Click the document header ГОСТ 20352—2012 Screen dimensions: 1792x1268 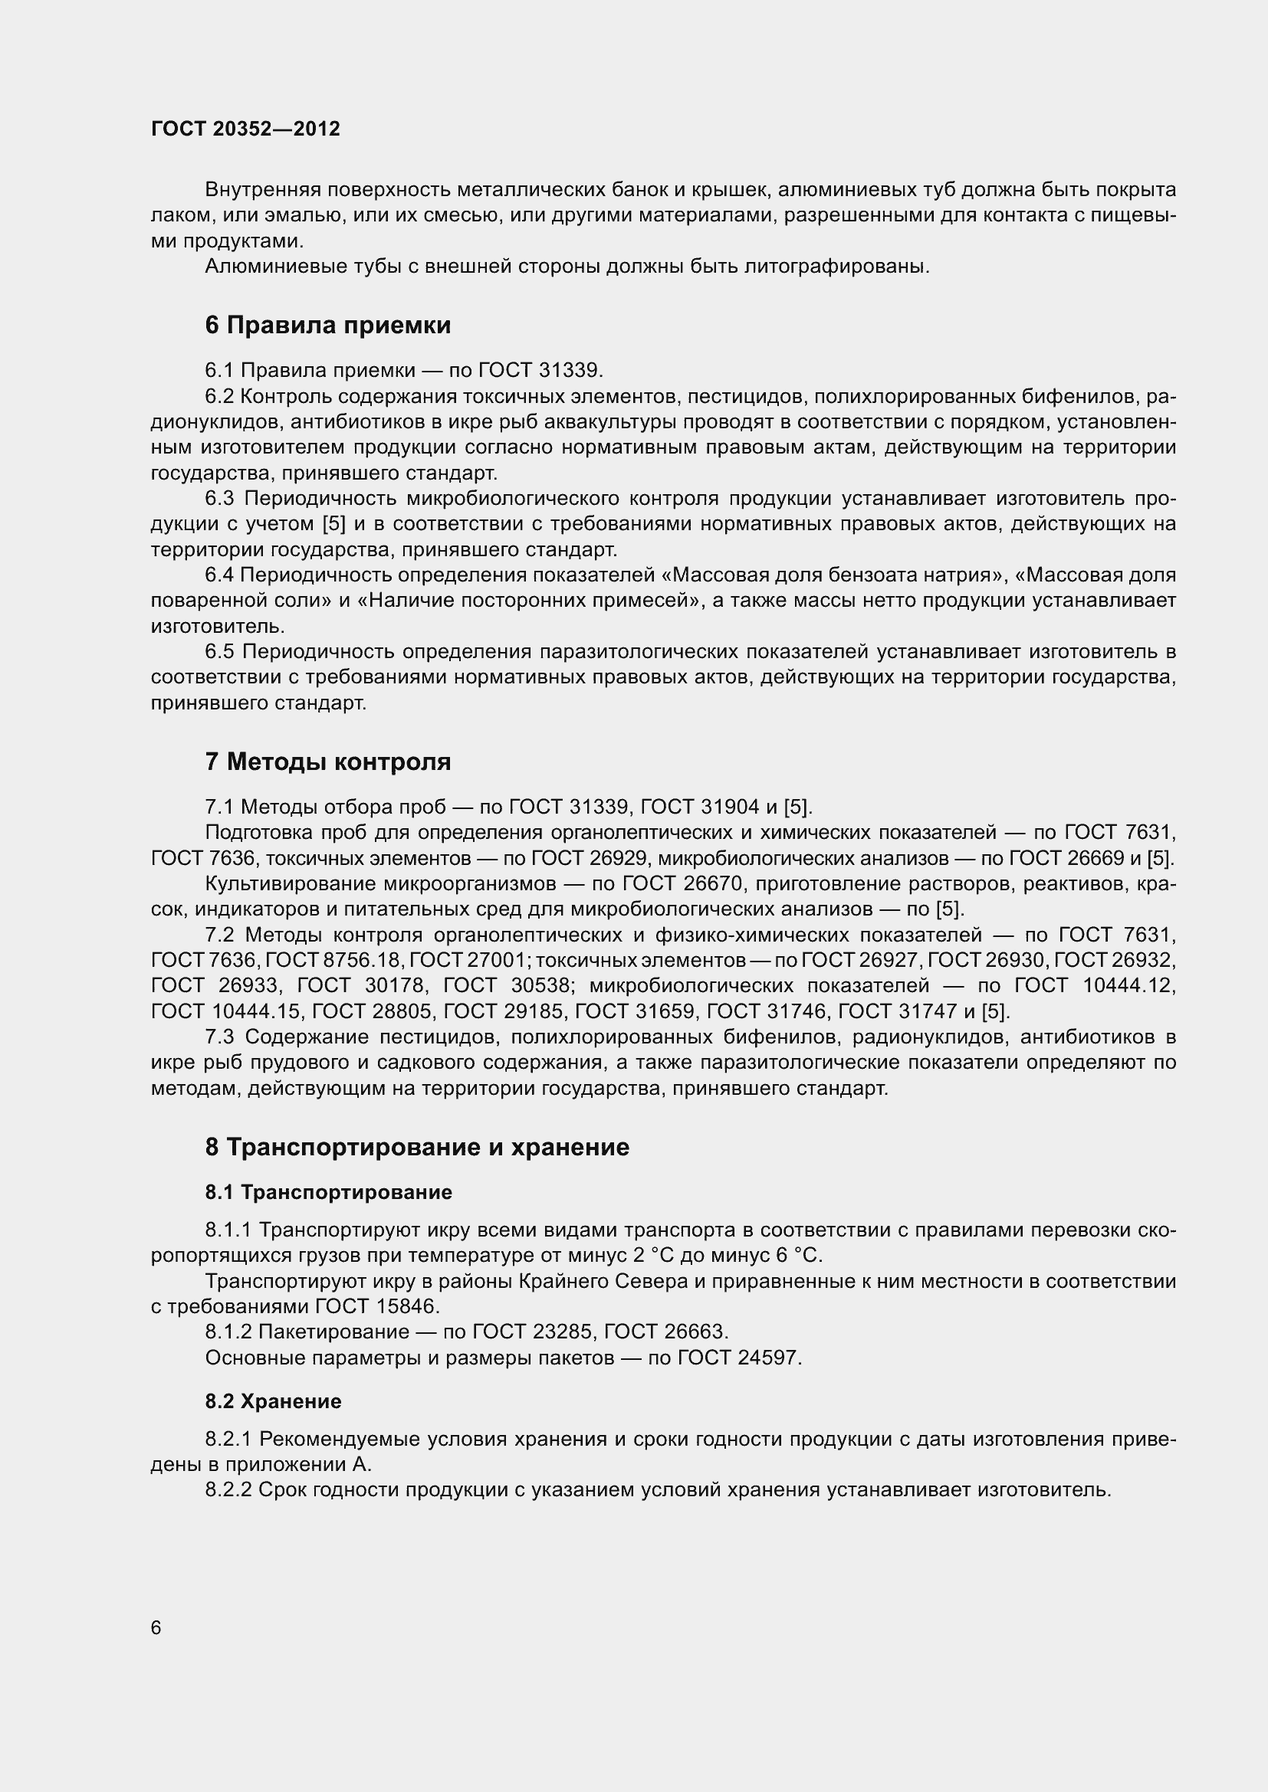point(245,129)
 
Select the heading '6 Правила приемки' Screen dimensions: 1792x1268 point(328,325)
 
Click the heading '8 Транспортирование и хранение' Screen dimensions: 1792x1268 point(417,1147)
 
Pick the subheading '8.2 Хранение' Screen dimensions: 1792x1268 point(273,1401)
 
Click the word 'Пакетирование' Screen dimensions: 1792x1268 point(333,1332)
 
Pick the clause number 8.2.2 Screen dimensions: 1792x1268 point(228,1490)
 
